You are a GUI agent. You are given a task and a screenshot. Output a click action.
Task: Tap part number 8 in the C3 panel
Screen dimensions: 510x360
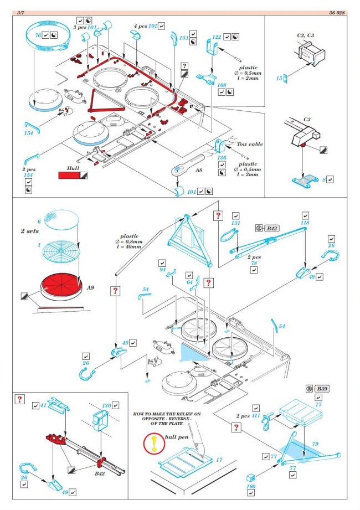[x=324, y=179]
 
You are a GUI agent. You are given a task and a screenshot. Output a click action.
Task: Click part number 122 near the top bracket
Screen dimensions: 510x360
[x=217, y=37]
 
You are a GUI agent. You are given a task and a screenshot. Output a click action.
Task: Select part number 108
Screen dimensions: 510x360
[x=222, y=85]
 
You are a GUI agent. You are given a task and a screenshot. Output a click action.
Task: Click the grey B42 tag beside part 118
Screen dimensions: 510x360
[x=272, y=228]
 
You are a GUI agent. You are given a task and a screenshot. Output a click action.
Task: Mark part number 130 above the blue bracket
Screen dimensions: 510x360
[x=107, y=405]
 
